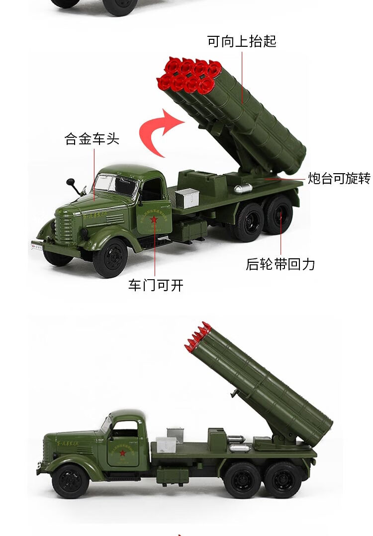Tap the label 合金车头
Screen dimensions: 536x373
coord(92,139)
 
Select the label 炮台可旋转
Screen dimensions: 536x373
coord(339,178)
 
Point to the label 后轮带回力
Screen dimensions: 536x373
coord(280,264)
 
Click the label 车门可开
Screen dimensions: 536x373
coord(156,285)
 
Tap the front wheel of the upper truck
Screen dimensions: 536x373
coord(110,258)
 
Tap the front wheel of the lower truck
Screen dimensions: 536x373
coord(70,481)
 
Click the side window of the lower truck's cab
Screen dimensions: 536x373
coord(125,429)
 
